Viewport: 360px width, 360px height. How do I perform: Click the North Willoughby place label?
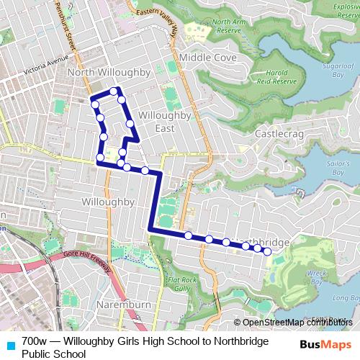point(108,73)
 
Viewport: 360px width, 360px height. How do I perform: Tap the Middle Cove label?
point(207,57)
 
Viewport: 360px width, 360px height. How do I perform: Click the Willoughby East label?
point(164,122)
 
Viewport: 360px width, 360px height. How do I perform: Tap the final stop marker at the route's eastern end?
point(267,251)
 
